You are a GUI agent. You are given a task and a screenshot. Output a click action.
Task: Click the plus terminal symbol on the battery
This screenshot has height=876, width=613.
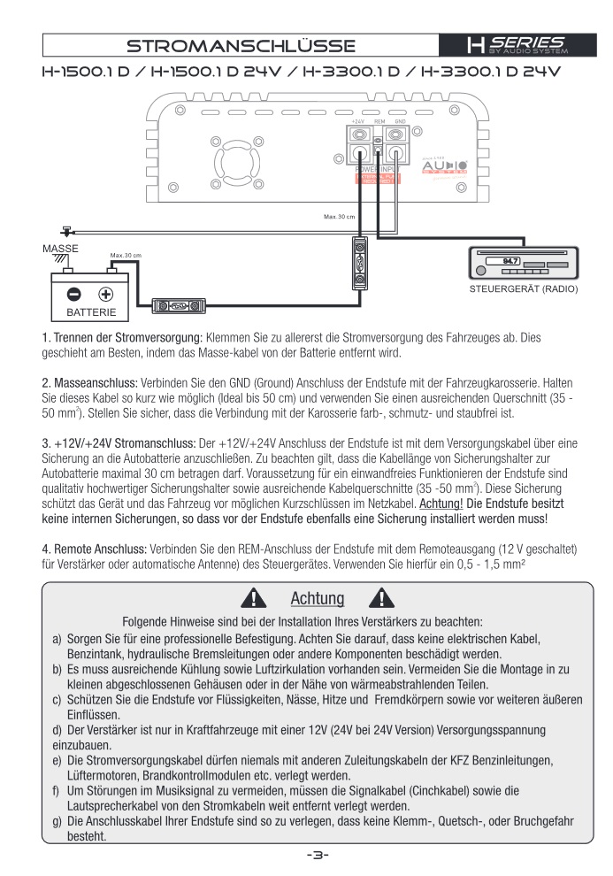tap(105, 295)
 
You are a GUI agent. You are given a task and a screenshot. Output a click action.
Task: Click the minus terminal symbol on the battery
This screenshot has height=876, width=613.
tap(75, 295)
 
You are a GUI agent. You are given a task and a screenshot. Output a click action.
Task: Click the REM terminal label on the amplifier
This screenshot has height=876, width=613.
tap(379, 120)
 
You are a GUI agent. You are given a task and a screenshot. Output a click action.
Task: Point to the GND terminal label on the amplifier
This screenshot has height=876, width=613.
tap(400, 120)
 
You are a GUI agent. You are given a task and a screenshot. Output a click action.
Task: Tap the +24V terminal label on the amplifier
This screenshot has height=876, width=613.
tap(357, 120)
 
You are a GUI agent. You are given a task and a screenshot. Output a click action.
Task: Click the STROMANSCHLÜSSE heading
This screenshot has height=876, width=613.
tap(241, 45)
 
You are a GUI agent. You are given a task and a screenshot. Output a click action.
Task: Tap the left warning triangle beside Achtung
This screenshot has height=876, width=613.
tap(250, 598)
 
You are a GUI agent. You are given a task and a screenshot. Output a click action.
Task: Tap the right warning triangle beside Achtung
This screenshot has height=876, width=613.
tap(384, 598)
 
